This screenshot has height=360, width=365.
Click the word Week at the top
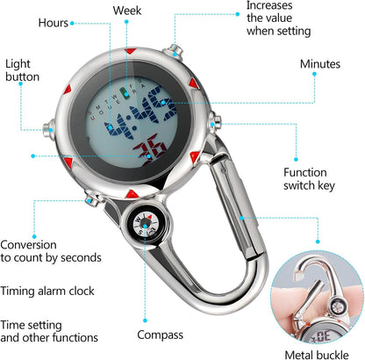(x=127, y=11)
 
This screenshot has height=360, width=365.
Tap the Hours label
(x=54, y=23)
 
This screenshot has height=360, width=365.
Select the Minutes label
(x=320, y=64)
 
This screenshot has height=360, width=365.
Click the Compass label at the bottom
(x=160, y=335)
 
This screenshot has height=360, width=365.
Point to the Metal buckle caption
(x=317, y=355)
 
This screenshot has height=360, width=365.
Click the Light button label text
(x=22, y=70)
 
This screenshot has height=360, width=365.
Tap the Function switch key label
(x=309, y=179)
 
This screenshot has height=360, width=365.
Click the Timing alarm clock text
(x=47, y=291)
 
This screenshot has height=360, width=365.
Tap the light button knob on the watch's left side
(x=48, y=130)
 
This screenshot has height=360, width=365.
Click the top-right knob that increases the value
(x=175, y=51)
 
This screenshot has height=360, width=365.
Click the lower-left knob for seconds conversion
(x=92, y=198)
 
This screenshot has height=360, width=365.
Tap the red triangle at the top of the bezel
(x=130, y=51)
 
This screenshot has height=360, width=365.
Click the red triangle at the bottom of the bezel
(x=132, y=194)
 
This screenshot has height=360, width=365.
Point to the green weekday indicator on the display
(x=125, y=94)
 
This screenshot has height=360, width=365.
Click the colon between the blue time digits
(x=132, y=122)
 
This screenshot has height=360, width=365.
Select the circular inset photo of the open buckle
(x=318, y=298)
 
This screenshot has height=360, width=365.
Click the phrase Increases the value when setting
(x=278, y=18)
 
